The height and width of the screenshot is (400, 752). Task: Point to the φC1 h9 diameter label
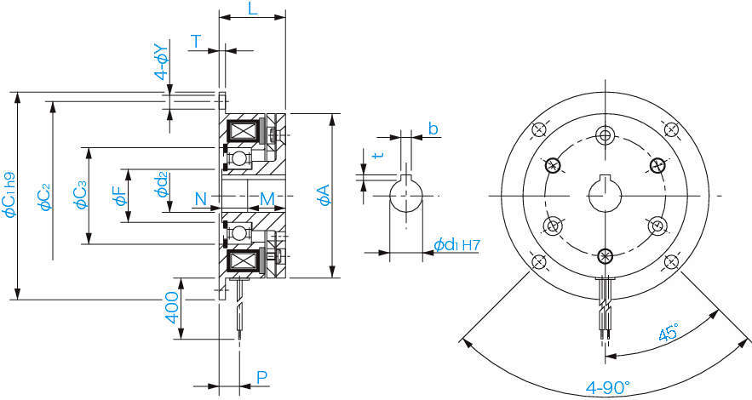tap(10, 195)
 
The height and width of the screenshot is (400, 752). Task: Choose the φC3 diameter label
tap(80, 195)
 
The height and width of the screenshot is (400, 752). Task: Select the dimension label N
tap(201, 199)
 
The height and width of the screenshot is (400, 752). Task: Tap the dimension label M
tap(267, 199)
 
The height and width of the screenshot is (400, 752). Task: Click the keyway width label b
tap(433, 129)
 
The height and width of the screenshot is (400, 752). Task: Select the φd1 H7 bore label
tap(457, 245)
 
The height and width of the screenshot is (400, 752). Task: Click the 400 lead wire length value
tap(171, 308)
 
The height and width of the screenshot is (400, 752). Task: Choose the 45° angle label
tap(669, 331)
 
